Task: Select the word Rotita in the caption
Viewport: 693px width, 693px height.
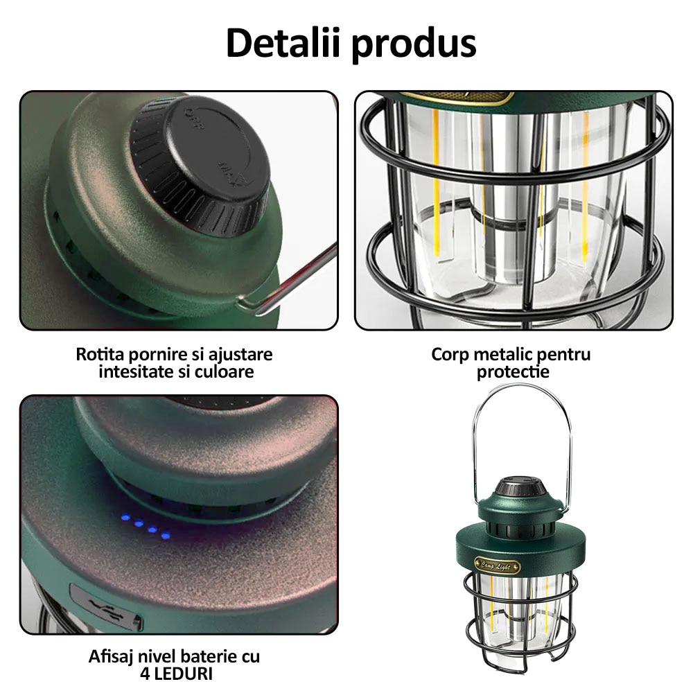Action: [x=98, y=354]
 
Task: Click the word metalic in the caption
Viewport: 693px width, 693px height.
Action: [x=502, y=355]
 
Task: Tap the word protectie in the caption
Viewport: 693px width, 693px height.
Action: [x=513, y=372]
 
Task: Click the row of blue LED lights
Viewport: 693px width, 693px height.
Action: [x=146, y=526]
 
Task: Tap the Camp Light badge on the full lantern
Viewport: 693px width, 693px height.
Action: [x=497, y=565]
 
